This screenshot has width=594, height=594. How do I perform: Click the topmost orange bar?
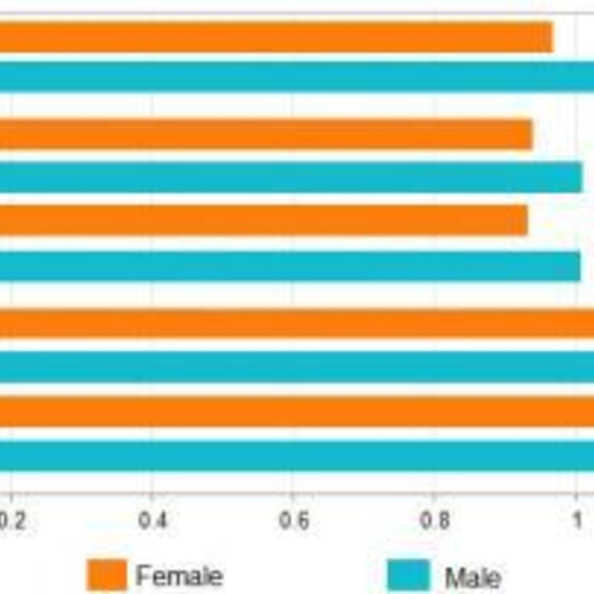[276, 37]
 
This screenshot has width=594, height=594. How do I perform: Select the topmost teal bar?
[297, 76]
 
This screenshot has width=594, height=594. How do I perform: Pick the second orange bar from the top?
[266, 135]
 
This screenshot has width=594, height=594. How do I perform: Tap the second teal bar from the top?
[291, 177]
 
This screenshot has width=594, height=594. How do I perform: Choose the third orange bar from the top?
[263, 220]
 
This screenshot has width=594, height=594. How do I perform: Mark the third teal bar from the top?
[290, 266]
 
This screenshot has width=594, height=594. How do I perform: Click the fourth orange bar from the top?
[297, 324]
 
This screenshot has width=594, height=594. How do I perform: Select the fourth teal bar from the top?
[297, 367]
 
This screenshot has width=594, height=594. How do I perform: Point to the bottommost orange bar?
[297, 412]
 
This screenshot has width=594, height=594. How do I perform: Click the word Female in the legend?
[179, 575]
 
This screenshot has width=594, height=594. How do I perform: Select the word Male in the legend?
[473, 576]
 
